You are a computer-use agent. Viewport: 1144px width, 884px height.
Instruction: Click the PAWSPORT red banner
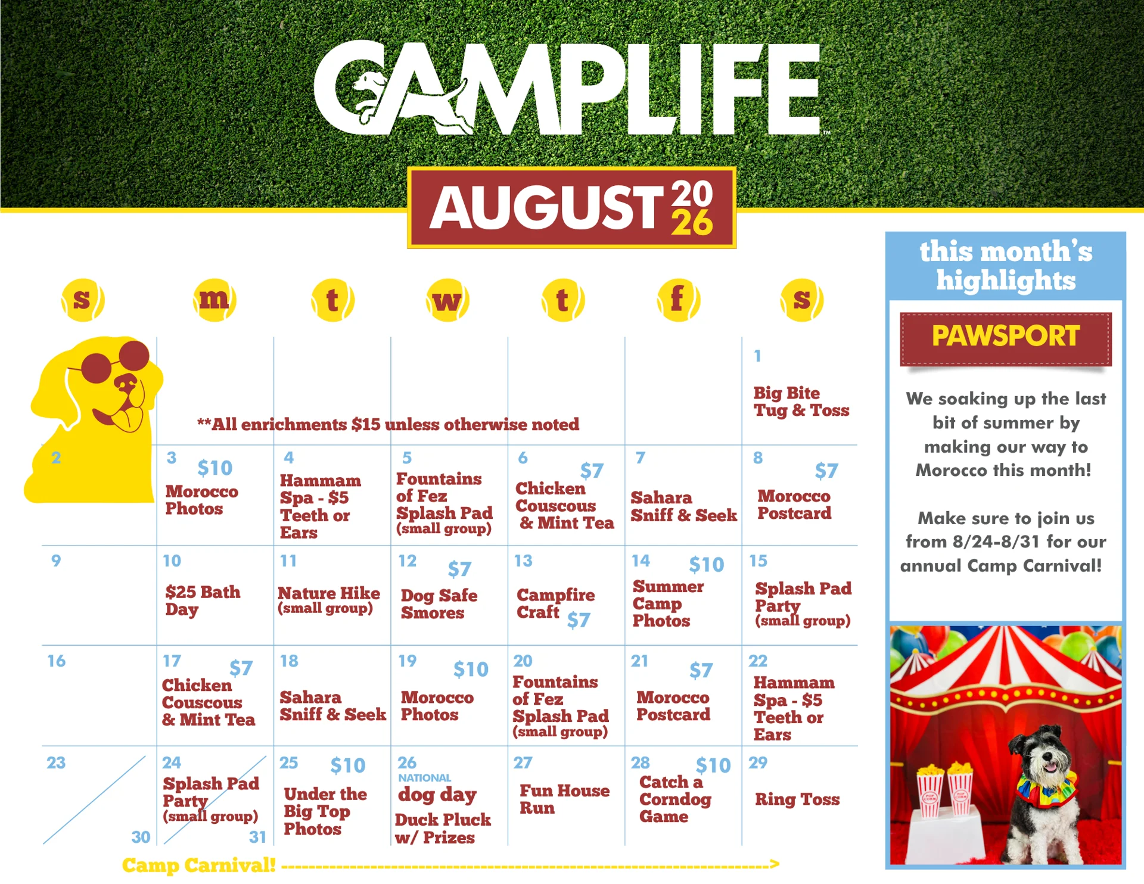click(x=1006, y=338)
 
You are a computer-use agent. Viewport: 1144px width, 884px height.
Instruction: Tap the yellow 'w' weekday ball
click(x=447, y=300)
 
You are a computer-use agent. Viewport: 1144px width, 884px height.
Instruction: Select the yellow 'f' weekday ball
click(x=678, y=300)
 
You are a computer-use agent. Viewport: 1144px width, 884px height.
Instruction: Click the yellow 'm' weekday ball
click(x=214, y=300)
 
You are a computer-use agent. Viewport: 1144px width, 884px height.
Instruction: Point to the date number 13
click(x=523, y=561)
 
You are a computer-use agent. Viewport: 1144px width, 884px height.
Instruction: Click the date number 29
click(x=758, y=762)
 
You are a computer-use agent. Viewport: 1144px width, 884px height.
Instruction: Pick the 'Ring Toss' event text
click(x=797, y=799)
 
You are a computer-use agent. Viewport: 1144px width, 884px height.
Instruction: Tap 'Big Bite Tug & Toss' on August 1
click(x=801, y=401)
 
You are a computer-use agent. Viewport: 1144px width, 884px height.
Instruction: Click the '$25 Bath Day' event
click(x=203, y=600)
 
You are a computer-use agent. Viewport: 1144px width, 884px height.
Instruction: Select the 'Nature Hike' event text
click(x=329, y=593)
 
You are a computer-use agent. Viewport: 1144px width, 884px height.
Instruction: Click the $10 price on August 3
click(x=215, y=468)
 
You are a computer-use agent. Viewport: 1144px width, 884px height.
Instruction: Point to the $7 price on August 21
click(x=701, y=671)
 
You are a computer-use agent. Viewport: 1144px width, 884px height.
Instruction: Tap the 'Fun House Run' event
click(x=564, y=799)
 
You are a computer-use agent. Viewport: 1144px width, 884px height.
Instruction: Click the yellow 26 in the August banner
click(x=692, y=222)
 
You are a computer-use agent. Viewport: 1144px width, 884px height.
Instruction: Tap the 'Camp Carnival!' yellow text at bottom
click(x=199, y=865)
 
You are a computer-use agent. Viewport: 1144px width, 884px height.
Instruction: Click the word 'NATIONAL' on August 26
click(x=425, y=778)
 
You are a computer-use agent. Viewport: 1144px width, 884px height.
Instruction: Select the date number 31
click(x=257, y=837)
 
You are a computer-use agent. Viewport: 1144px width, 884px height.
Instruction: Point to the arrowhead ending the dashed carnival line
click(x=775, y=864)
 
